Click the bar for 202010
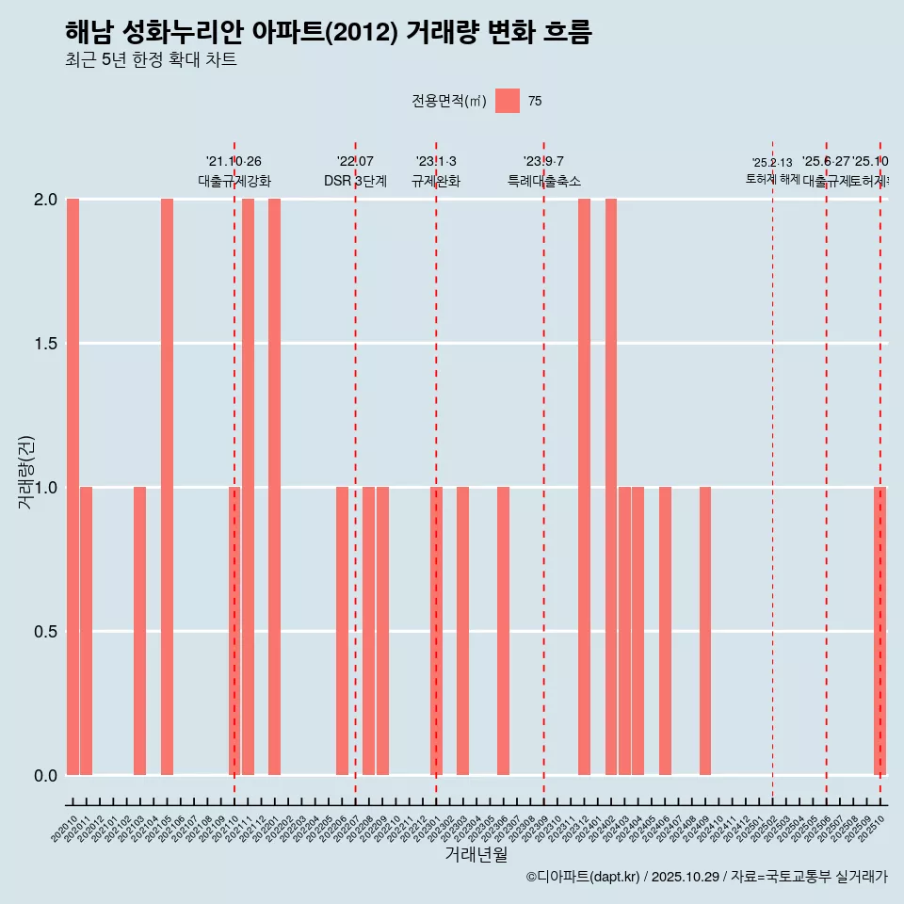click(73, 487)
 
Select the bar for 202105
click(167, 487)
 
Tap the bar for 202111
click(248, 487)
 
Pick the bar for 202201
click(274, 487)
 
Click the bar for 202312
click(584, 487)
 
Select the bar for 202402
click(611, 487)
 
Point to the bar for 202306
click(503, 631)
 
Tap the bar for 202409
click(705, 631)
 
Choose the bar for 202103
click(139, 631)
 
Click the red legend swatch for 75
click(508, 101)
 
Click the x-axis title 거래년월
click(476, 854)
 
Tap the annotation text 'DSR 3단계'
click(355, 181)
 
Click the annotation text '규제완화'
click(436, 181)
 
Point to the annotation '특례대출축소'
click(543, 181)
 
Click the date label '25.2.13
click(772, 163)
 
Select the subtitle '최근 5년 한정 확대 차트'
click(151, 60)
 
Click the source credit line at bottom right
click(706, 877)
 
